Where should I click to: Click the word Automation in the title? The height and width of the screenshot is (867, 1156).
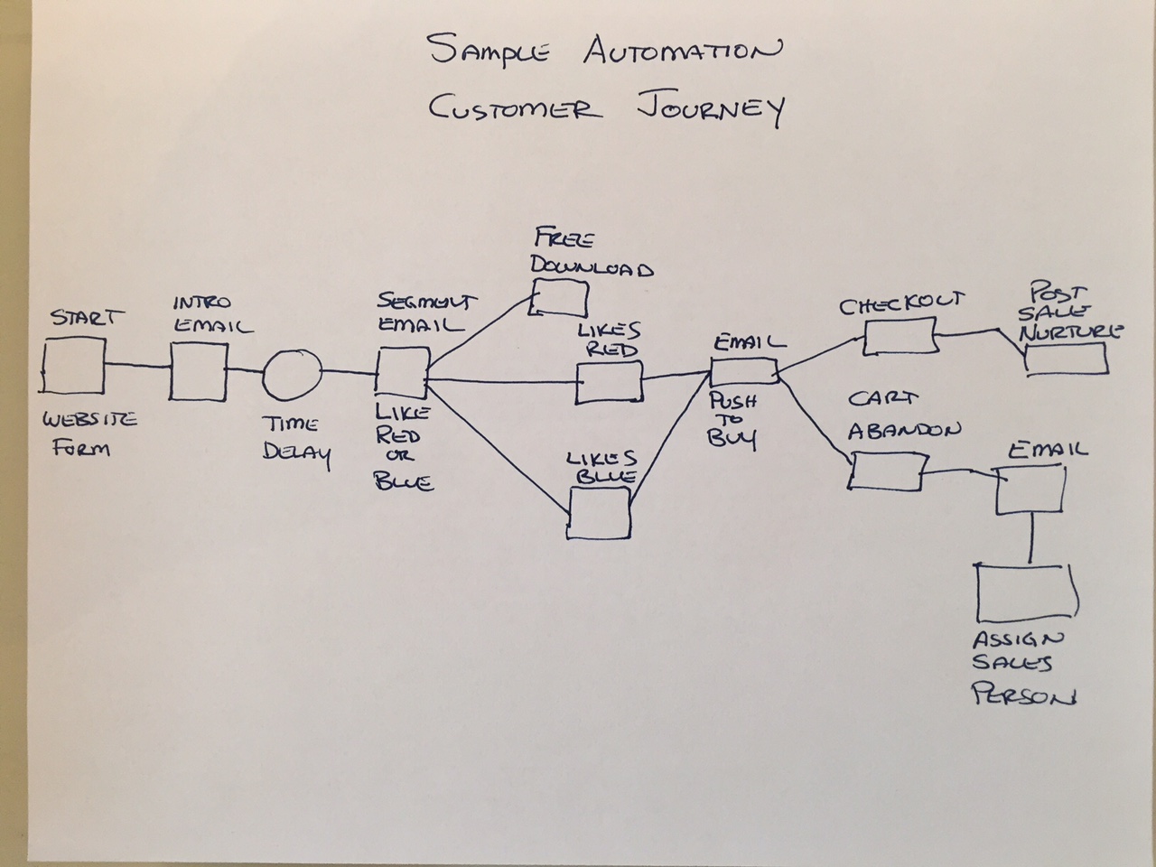click(682, 52)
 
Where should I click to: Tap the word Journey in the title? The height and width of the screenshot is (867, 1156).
click(711, 109)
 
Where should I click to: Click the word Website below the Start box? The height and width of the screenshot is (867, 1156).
click(89, 420)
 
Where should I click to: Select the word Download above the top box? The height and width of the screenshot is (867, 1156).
click(592, 268)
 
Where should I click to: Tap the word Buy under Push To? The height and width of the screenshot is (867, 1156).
click(732, 438)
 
